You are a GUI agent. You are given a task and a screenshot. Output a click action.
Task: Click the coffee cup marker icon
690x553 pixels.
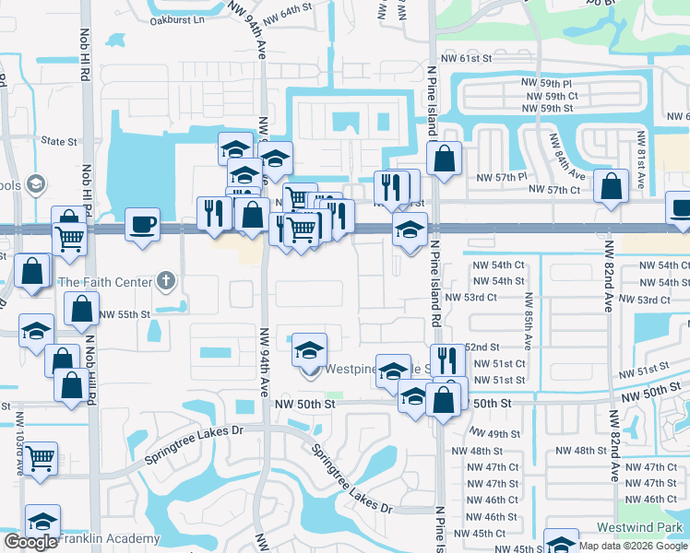[142, 225]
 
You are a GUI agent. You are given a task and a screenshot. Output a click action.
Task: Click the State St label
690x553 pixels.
[59, 141]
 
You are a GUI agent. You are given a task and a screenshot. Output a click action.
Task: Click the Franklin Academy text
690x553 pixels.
[109, 538]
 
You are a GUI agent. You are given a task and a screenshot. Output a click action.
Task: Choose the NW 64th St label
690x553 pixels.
[288, 12]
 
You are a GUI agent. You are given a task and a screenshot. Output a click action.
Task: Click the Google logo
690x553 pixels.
[30, 542]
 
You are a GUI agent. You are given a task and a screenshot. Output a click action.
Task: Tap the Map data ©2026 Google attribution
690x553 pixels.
[633, 546]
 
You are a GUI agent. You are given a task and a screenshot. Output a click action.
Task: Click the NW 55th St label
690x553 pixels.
[125, 314]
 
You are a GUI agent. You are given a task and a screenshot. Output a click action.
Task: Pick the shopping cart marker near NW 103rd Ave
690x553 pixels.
[41, 456]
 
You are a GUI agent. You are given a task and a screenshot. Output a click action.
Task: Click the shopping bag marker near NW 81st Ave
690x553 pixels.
[611, 185]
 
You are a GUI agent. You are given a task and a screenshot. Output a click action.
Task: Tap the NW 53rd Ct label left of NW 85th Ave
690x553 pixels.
[470, 298]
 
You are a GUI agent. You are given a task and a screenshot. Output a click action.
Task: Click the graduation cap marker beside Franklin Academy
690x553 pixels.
[42, 521]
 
